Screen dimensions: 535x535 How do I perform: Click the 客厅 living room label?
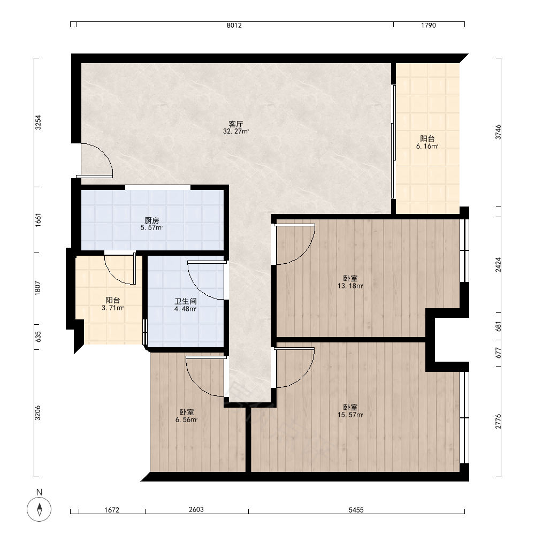(x=236, y=124)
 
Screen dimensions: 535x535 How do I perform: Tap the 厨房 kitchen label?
(x=152, y=220)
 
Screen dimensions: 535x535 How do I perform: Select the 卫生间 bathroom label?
(x=186, y=301)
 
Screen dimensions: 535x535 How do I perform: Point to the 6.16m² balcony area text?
(x=427, y=147)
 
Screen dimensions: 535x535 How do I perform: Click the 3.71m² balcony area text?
(x=112, y=308)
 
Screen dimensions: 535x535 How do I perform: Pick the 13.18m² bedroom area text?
(x=350, y=286)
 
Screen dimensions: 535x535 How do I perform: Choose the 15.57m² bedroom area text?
(x=350, y=415)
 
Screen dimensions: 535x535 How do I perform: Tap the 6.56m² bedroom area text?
(x=187, y=419)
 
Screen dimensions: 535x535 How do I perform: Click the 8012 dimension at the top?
(x=234, y=25)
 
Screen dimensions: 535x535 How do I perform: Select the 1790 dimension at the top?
(x=429, y=25)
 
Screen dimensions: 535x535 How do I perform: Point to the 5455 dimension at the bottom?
(x=356, y=510)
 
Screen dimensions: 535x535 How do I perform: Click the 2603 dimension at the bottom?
(x=196, y=509)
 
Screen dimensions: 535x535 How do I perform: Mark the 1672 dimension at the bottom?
(x=112, y=510)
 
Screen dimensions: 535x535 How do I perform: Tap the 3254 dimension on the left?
(x=38, y=123)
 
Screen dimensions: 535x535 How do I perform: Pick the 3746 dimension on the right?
(x=499, y=132)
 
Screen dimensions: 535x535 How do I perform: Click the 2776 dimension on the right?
(x=499, y=422)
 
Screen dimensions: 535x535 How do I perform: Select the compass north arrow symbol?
(x=39, y=509)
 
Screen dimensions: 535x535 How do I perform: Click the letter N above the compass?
(x=39, y=492)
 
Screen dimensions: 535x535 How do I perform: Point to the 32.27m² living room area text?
(x=236, y=132)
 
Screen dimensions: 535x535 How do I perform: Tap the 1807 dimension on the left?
(x=38, y=288)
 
